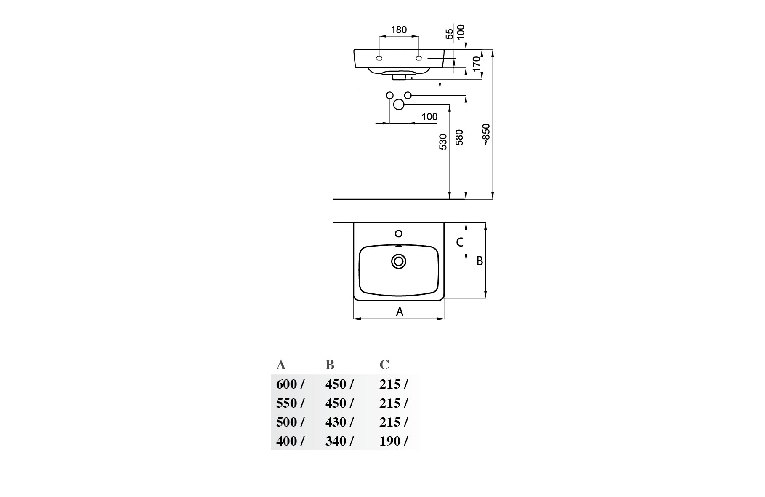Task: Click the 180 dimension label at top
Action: [399, 30]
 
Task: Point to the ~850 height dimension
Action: [486, 135]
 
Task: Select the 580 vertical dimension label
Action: [460, 137]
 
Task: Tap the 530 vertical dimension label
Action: [443, 142]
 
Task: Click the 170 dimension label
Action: [476, 64]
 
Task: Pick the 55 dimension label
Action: [450, 34]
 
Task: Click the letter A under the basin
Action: [400, 312]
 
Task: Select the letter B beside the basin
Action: [480, 261]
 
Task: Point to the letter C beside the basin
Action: [460, 242]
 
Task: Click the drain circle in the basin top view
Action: [398, 261]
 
